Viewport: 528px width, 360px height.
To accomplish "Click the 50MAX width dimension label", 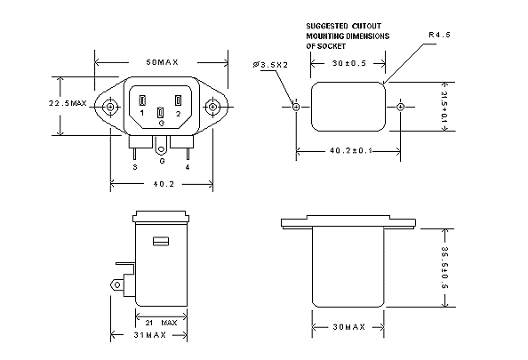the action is [162, 62].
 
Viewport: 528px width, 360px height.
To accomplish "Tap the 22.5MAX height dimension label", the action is [68, 103].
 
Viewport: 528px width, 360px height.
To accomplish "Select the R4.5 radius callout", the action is [439, 35].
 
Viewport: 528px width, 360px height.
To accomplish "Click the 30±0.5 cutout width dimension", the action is [349, 63].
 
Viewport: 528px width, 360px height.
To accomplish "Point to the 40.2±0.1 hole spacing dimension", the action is [351, 150].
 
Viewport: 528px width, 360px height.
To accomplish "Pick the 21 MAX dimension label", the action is [161, 323].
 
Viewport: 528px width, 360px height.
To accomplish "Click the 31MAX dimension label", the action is [150, 335].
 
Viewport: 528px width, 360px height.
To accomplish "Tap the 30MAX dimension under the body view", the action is [349, 327].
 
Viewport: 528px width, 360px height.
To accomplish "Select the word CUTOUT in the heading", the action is [366, 26].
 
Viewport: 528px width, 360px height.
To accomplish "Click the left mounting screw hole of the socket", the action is [110, 107].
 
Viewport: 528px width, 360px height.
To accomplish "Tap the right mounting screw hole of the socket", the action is [212, 107].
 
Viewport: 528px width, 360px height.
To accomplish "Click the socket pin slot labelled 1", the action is [142, 100].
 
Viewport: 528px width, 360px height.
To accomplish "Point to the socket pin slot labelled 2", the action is [178, 100].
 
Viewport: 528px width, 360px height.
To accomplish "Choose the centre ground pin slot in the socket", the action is [161, 113].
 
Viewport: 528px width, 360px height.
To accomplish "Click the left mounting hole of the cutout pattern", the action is [296, 107].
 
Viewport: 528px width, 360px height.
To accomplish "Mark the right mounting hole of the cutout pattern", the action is [400, 107].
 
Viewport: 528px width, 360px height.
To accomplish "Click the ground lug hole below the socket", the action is [161, 149].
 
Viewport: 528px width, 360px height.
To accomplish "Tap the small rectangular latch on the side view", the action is [161, 241].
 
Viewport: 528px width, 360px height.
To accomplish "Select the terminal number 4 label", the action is [188, 167].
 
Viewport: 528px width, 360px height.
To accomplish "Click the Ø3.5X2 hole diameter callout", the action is [271, 65].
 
